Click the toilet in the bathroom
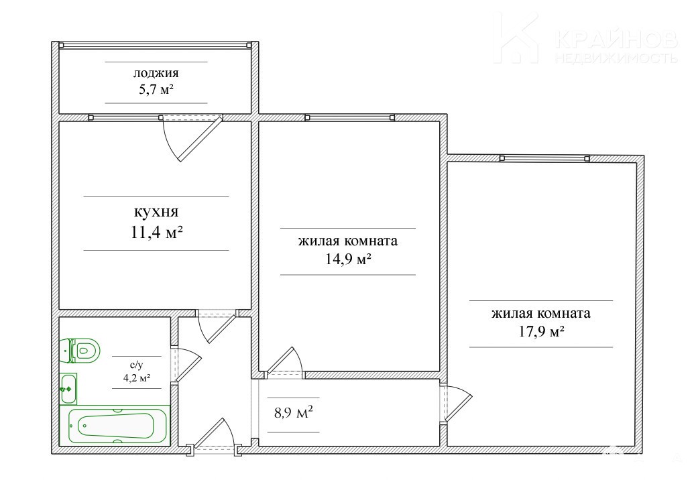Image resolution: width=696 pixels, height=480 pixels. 80,351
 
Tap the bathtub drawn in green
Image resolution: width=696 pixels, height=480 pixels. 115,425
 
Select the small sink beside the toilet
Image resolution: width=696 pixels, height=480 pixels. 68,389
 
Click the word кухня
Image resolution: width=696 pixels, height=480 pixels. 156,212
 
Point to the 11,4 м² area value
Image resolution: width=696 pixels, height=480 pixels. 157,232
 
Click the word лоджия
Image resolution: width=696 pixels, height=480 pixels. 156,73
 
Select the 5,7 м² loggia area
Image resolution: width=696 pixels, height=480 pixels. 156,90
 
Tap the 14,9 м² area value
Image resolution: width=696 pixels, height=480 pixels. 348,259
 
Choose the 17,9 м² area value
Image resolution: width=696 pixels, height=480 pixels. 541,331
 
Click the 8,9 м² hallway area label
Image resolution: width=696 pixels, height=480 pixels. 294,413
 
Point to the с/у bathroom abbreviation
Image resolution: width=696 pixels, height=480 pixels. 136,365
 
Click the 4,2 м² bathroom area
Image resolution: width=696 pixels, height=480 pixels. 136,378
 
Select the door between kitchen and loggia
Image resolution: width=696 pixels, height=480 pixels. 200,138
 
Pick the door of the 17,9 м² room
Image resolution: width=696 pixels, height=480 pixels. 459,404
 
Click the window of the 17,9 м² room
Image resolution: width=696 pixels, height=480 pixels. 544,158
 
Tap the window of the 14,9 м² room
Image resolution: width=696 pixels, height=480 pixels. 350,117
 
